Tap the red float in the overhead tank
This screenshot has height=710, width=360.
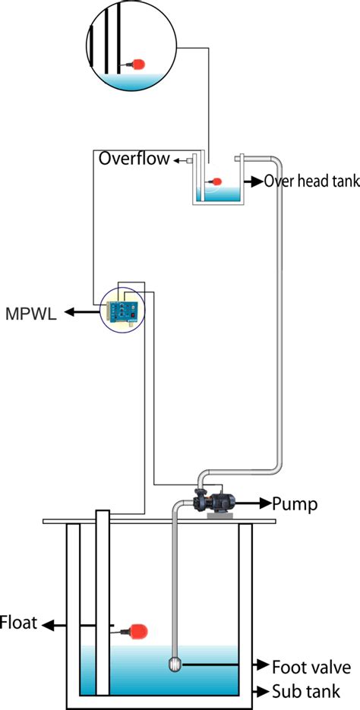tap(216, 181)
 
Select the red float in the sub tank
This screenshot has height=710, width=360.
tap(137, 629)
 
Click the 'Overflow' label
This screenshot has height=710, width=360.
tap(134, 159)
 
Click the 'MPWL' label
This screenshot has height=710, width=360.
tap(30, 312)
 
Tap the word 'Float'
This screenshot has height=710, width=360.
tap(17, 624)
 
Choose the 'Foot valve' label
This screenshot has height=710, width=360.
tap(311, 667)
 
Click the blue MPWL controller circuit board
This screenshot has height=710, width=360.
tap(122, 308)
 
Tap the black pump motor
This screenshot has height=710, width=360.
tap(226, 502)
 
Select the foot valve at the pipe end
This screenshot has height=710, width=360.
tap(175, 664)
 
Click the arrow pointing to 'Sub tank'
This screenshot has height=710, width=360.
tap(260, 691)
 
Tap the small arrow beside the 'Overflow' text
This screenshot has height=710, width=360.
tap(178, 160)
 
